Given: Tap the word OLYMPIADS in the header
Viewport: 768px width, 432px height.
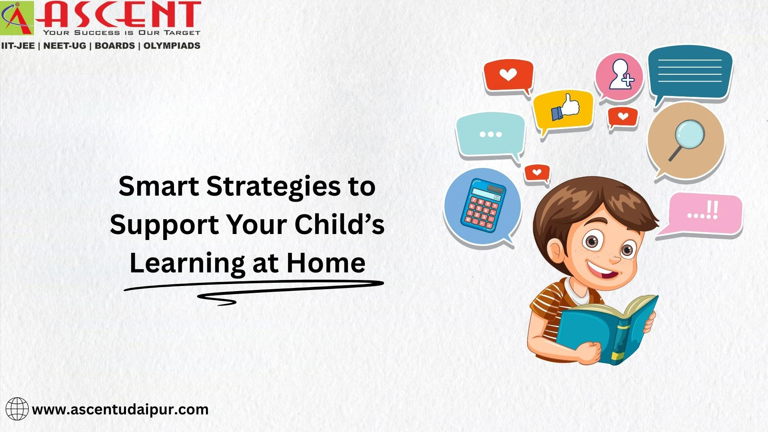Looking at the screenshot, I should [x=172, y=46].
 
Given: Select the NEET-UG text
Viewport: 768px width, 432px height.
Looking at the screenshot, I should [x=64, y=46].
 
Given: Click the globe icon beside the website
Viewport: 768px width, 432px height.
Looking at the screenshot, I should [x=17, y=409].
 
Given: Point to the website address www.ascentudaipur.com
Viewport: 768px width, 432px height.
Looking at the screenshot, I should [x=120, y=410].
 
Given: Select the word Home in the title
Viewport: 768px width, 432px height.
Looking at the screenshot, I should [x=326, y=263].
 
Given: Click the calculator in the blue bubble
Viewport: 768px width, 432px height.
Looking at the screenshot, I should [x=483, y=205].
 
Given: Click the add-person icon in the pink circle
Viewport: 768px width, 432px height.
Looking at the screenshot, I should [x=620, y=75].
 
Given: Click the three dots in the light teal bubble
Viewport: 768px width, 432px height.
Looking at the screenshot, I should [x=490, y=134].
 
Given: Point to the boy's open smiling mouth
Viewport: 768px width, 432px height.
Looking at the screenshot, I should [x=602, y=272].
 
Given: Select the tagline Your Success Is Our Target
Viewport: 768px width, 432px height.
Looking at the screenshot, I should [x=121, y=33].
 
